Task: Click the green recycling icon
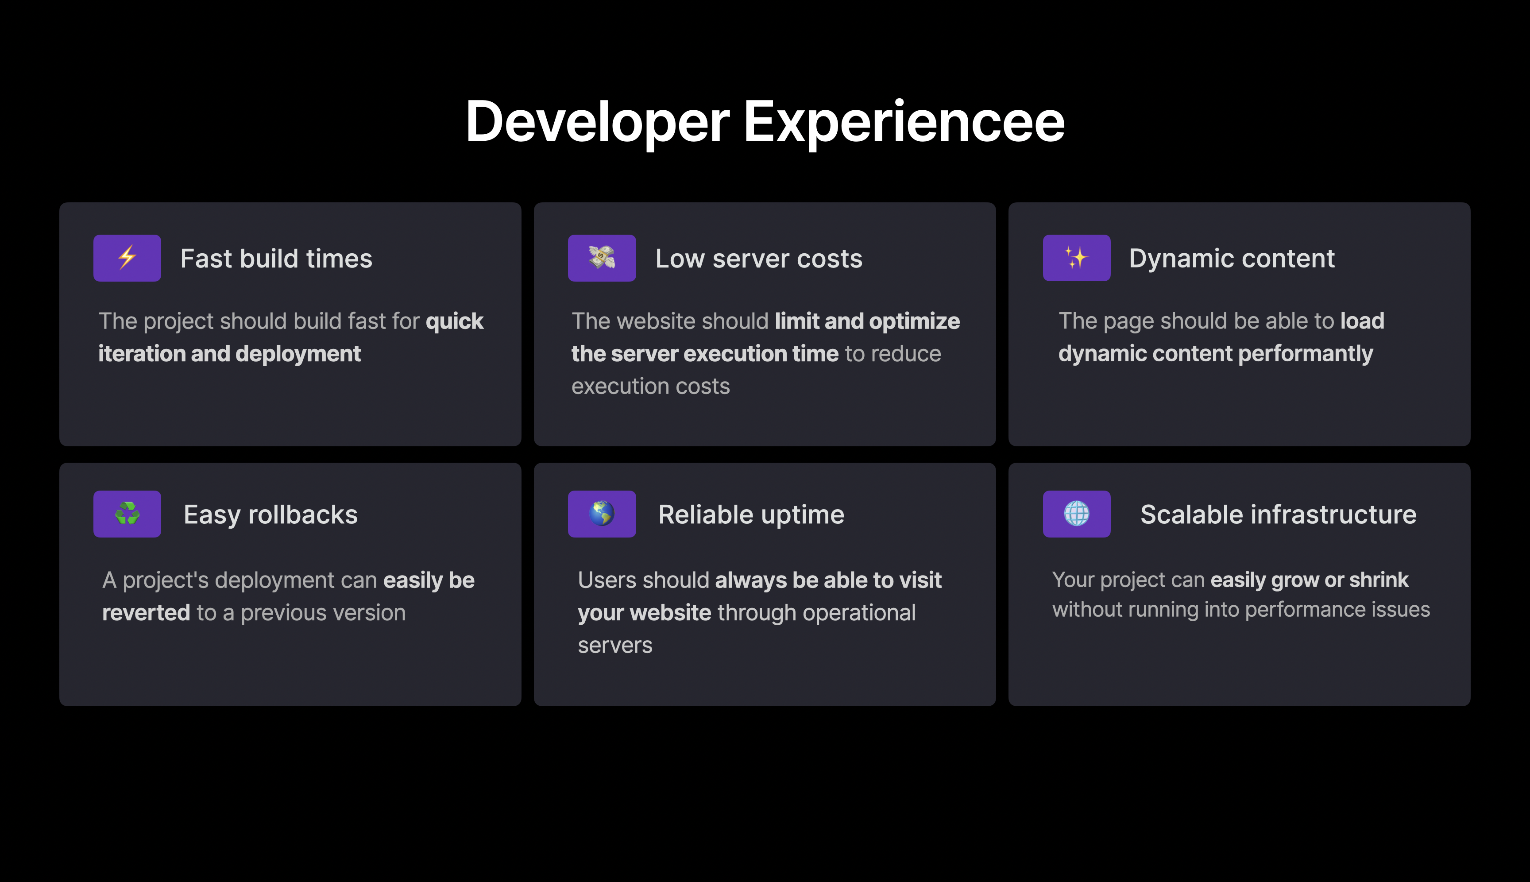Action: [x=127, y=514]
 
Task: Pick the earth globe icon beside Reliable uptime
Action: [x=602, y=514]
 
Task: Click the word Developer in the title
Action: [x=597, y=122]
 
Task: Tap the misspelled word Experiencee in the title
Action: [x=904, y=122]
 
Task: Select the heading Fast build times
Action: [x=276, y=259]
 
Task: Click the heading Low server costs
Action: [x=759, y=259]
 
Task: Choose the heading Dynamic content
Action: [x=1232, y=259]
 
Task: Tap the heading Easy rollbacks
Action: [x=271, y=515]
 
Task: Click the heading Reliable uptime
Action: [x=751, y=515]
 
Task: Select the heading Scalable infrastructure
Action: [x=1279, y=514]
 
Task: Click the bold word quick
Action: [x=454, y=321]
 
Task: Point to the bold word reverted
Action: [x=146, y=613]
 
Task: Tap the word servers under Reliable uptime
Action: [x=615, y=646]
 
